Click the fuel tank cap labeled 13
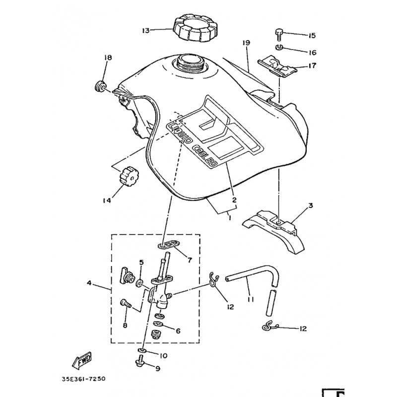pyautogui.click(x=195, y=29)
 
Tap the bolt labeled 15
pyautogui.click(x=278, y=35)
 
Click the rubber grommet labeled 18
pyautogui.click(x=100, y=86)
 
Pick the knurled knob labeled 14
pyautogui.click(x=130, y=177)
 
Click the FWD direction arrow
pyautogui.click(x=82, y=360)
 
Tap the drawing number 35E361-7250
pyautogui.click(x=83, y=379)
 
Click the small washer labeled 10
pyautogui.click(x=142, y=350)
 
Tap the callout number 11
pyautogui.click(x=251, y=299)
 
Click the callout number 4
pyautogui.click(x=89, y=282)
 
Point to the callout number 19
pyautogui.click(x=246, y=43)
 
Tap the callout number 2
pyautogui.click(x=234, y=200)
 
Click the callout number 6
pyautogui.click(x=178, y=331)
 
